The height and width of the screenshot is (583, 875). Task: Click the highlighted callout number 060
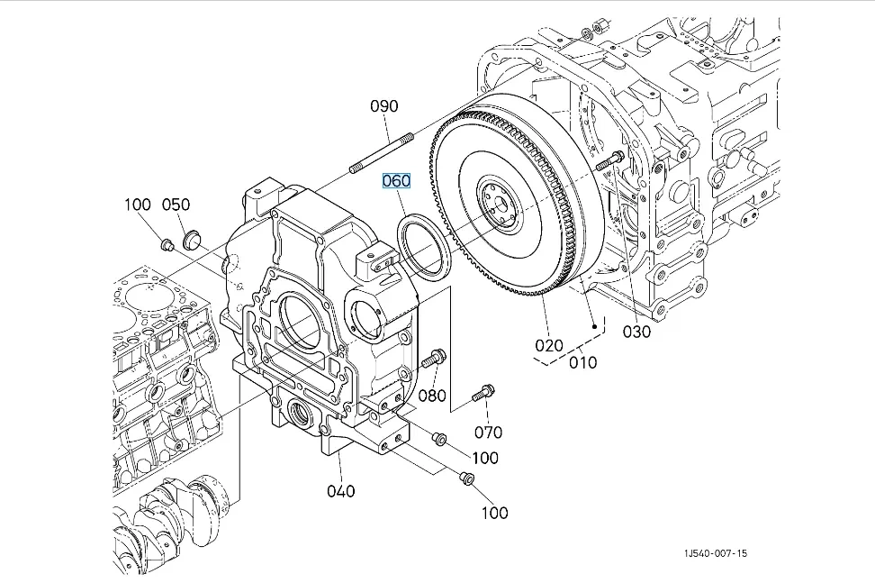coord(396,181)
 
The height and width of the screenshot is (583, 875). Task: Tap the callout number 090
coord(384,106)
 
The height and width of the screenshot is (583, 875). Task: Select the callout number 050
coord(176,205)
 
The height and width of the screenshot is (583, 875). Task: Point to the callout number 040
coord(341,491)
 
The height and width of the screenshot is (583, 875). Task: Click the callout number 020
coord(549,346)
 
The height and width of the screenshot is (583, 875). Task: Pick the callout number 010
coord(583,362)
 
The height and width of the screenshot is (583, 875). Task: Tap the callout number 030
coord(636,332)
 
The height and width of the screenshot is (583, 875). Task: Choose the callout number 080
coord(432,396)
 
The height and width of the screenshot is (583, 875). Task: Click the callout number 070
coord(488,432)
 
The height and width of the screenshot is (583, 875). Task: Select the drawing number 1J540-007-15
coord(716,553)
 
